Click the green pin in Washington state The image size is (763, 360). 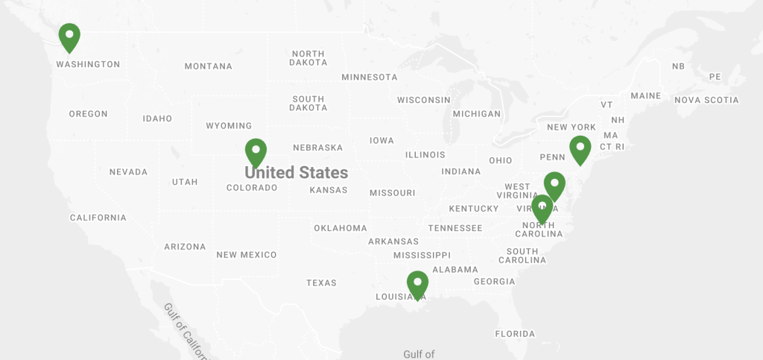click(x=69, y=36)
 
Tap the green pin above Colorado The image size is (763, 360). click(x=256, y=151)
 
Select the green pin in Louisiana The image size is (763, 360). click(x=417, y=283)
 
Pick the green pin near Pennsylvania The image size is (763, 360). click(x=580, y=148)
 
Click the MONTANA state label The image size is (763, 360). click(x=209, y=66)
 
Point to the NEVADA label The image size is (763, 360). click(x=128, y=172)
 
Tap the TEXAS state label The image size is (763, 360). click(x=321, y=283)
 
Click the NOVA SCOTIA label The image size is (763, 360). click(x=706, y=100)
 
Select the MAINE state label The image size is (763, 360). click(x=645, y=95)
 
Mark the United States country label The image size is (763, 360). click(x=297, y=173)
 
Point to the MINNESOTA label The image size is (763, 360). click(x=370, y=77)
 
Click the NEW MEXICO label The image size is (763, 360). click(x=247, y=255)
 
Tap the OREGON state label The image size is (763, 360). click(x=88, y=114)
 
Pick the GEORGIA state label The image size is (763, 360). click(x=494, y=282)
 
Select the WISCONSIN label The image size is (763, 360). click(x=423, y=100)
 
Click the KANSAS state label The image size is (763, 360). click(x=329, y=190)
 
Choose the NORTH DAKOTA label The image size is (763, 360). click(x=308, y=58)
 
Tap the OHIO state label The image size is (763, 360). click(x=501, y=160)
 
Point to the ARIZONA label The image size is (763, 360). click(x=185, y=247)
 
